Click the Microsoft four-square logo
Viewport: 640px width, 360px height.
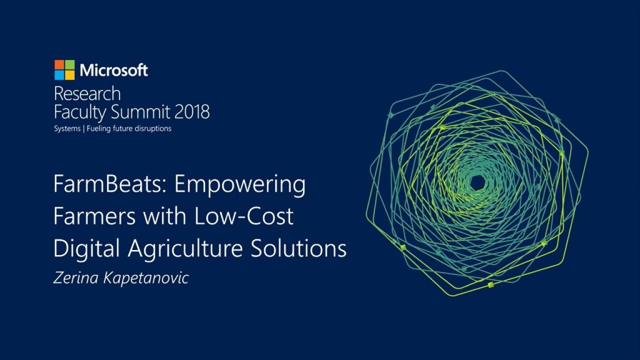coord(64,70)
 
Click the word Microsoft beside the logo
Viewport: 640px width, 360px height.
coord(114,70)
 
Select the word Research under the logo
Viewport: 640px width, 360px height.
coord(87,94)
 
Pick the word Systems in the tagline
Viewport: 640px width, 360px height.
coord(67,129)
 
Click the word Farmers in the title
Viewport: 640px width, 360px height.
coord(94,216)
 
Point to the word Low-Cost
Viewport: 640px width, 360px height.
coord(243,216)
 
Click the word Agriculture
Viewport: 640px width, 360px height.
coord(185,249)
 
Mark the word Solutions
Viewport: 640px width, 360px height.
coord(298,248)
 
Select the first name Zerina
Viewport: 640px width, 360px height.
coord(76,278)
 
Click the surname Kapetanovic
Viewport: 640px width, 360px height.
coord(146,279)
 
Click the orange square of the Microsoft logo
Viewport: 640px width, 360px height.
coord(59,64)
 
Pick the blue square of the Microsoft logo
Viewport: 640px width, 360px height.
coord(59,75)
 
